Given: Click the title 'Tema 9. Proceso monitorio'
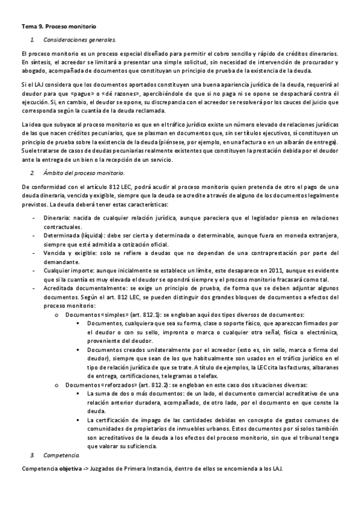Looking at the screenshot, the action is click(x=58, y=27).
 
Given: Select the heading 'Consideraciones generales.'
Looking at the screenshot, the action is click(x=79, y=40).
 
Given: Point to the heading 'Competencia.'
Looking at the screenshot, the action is click(x=60, y=457).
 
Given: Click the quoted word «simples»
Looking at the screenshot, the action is click(x=114, y=315).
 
